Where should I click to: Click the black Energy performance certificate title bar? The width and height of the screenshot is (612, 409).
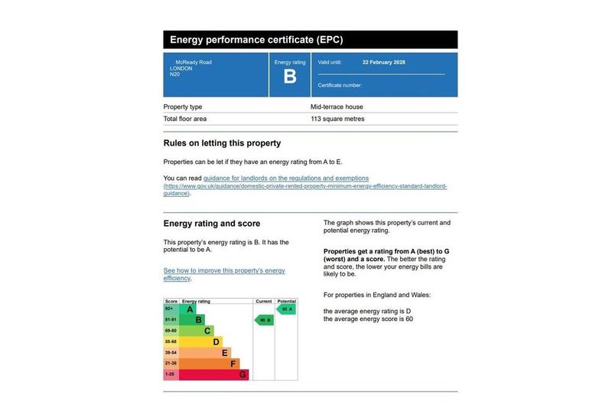point(310,39)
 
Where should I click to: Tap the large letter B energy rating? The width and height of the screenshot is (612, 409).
point(289,77)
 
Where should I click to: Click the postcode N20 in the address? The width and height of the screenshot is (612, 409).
point(175,75)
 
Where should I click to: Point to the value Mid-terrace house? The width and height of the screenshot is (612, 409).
point(337,107)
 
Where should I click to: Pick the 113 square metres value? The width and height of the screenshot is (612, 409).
point(337,119)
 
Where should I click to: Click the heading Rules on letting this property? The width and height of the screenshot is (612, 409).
point(222,143)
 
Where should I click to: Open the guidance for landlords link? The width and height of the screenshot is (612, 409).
point(285,178)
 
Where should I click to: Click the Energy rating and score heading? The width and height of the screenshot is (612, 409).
point(212,224)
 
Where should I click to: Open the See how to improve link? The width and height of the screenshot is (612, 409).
point(224,271)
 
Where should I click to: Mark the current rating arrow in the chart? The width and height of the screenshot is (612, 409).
point(264,320)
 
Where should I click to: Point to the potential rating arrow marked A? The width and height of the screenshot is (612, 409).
point(286,309)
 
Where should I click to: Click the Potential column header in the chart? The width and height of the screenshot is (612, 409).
point(286,302)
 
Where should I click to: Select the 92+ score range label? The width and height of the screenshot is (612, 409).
point(171,309)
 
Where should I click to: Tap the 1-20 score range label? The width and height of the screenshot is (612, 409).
point(171,375)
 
